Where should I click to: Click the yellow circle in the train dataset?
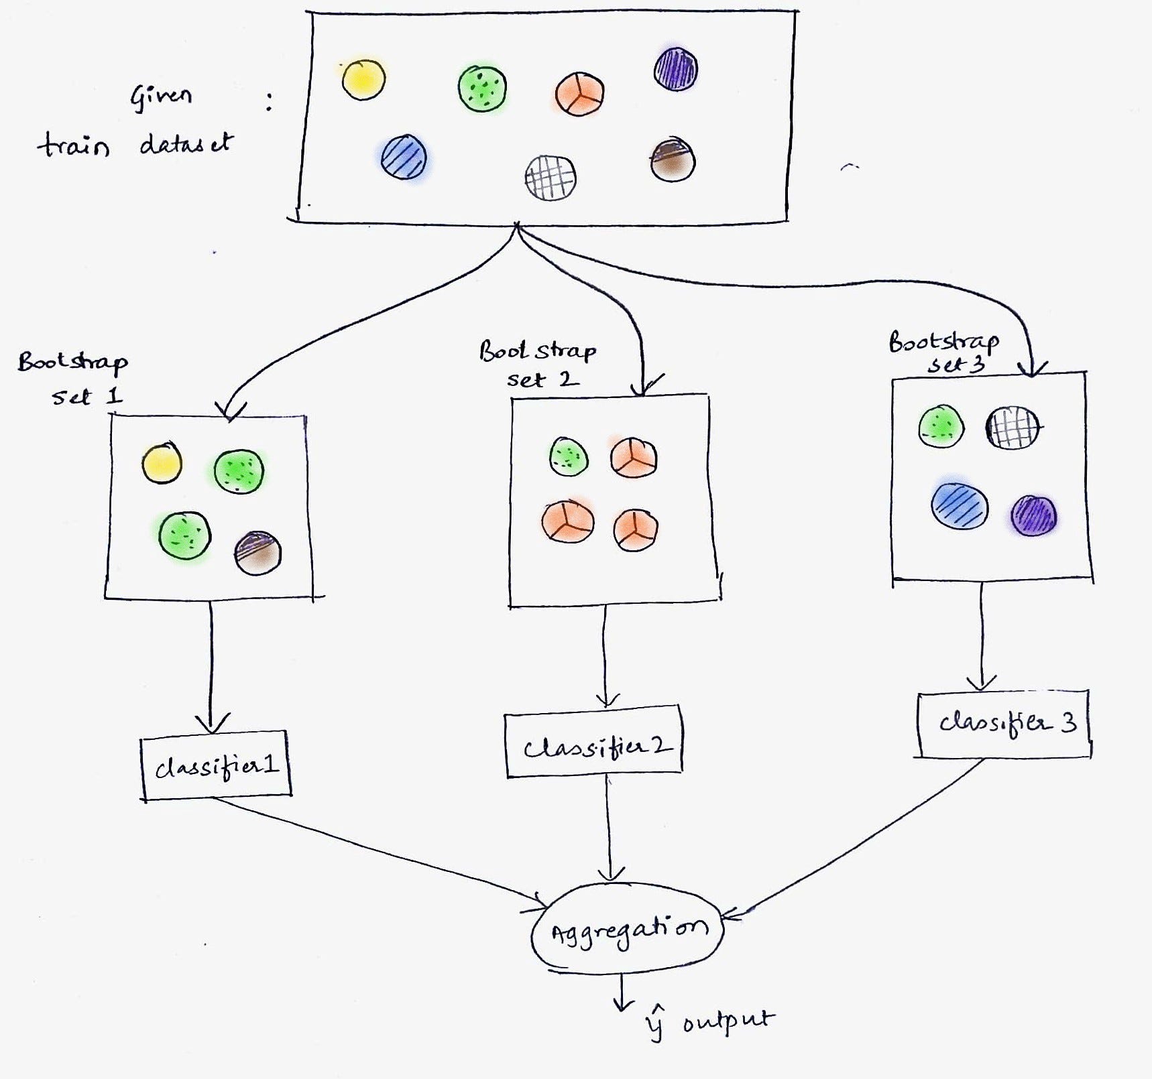pos(363,80)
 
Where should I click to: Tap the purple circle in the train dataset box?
pos(675,68)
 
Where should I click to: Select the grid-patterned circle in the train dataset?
pos(550,178)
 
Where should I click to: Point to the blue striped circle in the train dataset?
pos(404,157)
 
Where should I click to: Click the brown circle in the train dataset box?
pos(673,160)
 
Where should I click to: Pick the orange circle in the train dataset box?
pos(579,94)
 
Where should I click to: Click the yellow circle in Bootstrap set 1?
pos(162,463)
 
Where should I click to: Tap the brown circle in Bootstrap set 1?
pos(257,553)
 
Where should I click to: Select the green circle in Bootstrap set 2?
pos(569,457)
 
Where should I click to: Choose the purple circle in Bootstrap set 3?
pos(1033,515)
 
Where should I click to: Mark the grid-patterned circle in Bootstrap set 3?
pos(1012,428)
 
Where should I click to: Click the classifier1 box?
pos(216,765)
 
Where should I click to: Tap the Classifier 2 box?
pos(594,745)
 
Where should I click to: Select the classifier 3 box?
pos(1003,724)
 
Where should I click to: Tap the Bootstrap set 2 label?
pos(538,364)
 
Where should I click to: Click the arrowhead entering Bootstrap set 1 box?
pos(230,413)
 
